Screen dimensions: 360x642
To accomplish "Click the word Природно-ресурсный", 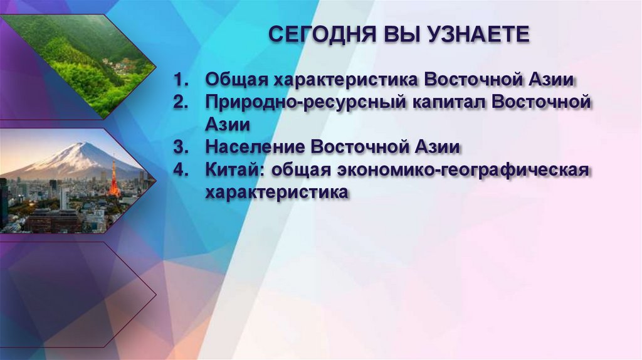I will pyautogui.click(x=303, y=103).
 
